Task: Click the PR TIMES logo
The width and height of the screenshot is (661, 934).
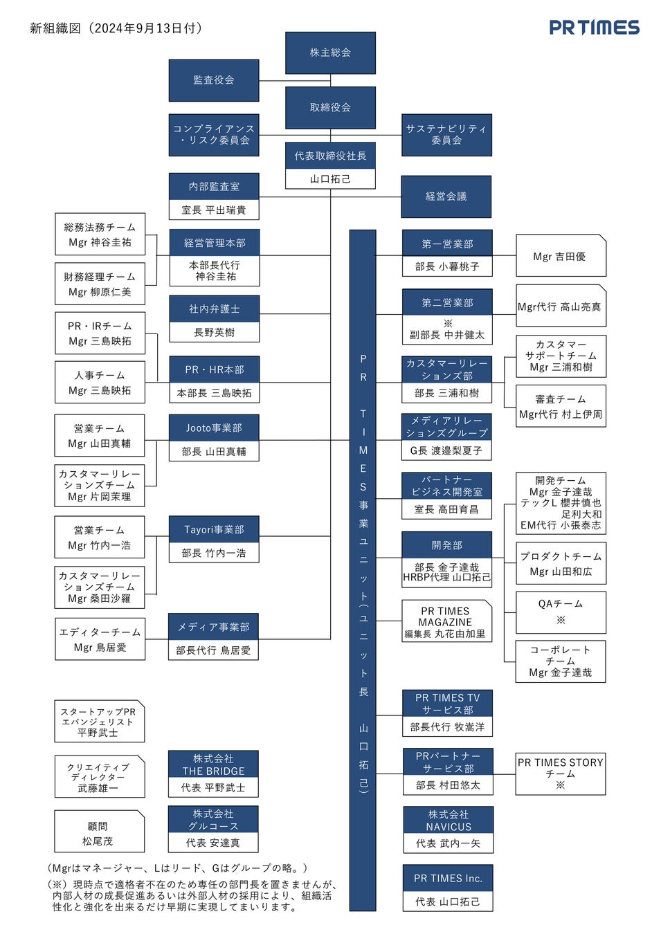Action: pyautogui.click(x=594, y=28)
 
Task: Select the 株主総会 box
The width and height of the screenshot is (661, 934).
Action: pyautogui.click(x=330, y=53)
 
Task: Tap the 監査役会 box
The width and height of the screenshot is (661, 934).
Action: pyautogui.click(x=214, y=80)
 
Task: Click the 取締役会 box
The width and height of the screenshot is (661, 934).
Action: pyautogui.click(x=330, y=107)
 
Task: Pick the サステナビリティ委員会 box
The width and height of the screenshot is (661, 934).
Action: pyautogui.click(x=446, y=134)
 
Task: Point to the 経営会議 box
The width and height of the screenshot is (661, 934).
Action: pyautogui.click(x=446, y=196)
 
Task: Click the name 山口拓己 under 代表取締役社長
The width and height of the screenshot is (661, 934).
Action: pyautogui.click(x=330, y=178)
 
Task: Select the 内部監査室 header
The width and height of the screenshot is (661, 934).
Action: pyautogui.click(x=214, y=186)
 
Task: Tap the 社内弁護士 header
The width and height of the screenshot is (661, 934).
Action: pyautogui.click(x=214, y=309)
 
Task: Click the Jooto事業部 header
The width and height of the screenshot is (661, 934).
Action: pyautogui.click(x=214, y=428)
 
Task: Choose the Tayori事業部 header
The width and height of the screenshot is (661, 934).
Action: pyautogui.click(x=214, y=529)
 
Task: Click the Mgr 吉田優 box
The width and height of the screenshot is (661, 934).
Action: pyautogui.click(x=561, y=256)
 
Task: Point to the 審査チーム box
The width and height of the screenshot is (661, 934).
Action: pyautogui.click(x=561, y=406)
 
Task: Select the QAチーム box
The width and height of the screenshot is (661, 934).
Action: pyautogui.click(x=561, y=612)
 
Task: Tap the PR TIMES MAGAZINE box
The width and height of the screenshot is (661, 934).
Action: pyautogui.click(x=446, y=621)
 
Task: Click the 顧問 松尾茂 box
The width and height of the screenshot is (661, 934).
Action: pyautogui.click(x=99, y=833)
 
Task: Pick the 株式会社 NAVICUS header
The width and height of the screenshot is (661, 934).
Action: pyautogui.click(x=449, y=820)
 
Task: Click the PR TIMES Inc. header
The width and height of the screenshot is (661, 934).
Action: pyautogui.click(x=448, y=878)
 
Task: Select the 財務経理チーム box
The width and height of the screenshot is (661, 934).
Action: pyautogui.click(x=100, y=284)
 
